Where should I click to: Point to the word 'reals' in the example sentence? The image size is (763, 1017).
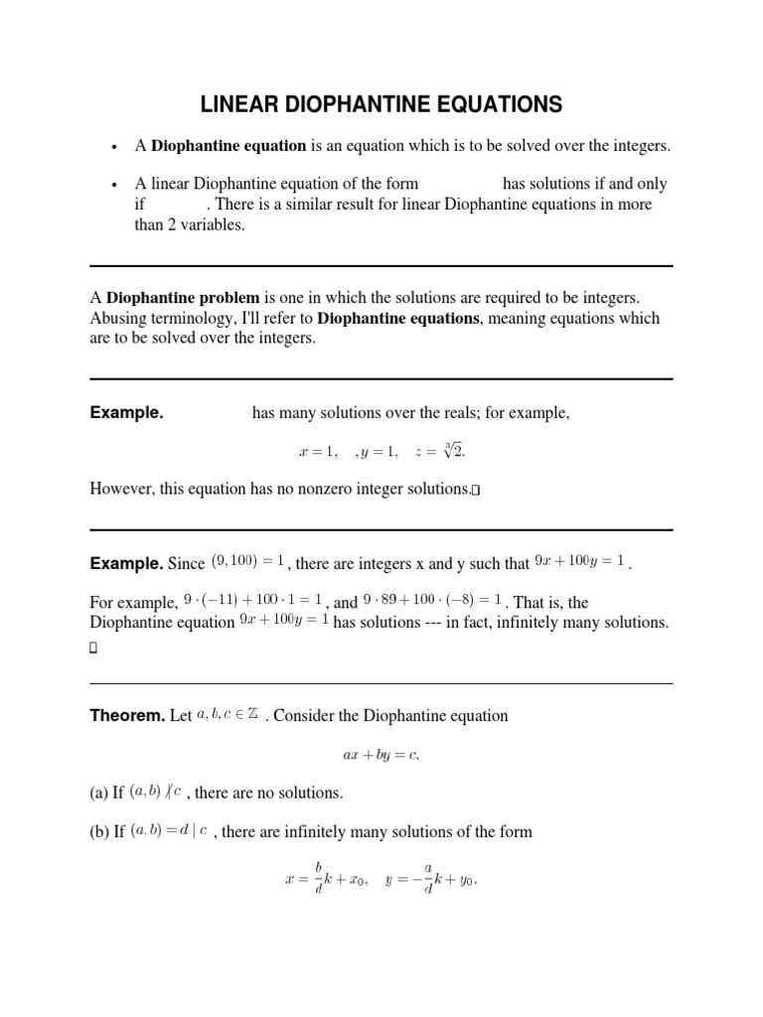click(470, 413)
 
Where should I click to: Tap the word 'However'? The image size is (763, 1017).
click(124, 489)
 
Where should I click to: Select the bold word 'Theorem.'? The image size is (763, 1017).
click(127, 715)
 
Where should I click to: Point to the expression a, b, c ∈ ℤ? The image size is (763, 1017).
click(229, 714)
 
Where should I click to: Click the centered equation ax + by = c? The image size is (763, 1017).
click(381, 755)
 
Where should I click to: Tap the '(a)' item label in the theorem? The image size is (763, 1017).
click(99, 793)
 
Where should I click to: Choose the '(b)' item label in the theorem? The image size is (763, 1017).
click(99, 831)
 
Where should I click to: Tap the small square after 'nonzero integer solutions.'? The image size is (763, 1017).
click(476, 490)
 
